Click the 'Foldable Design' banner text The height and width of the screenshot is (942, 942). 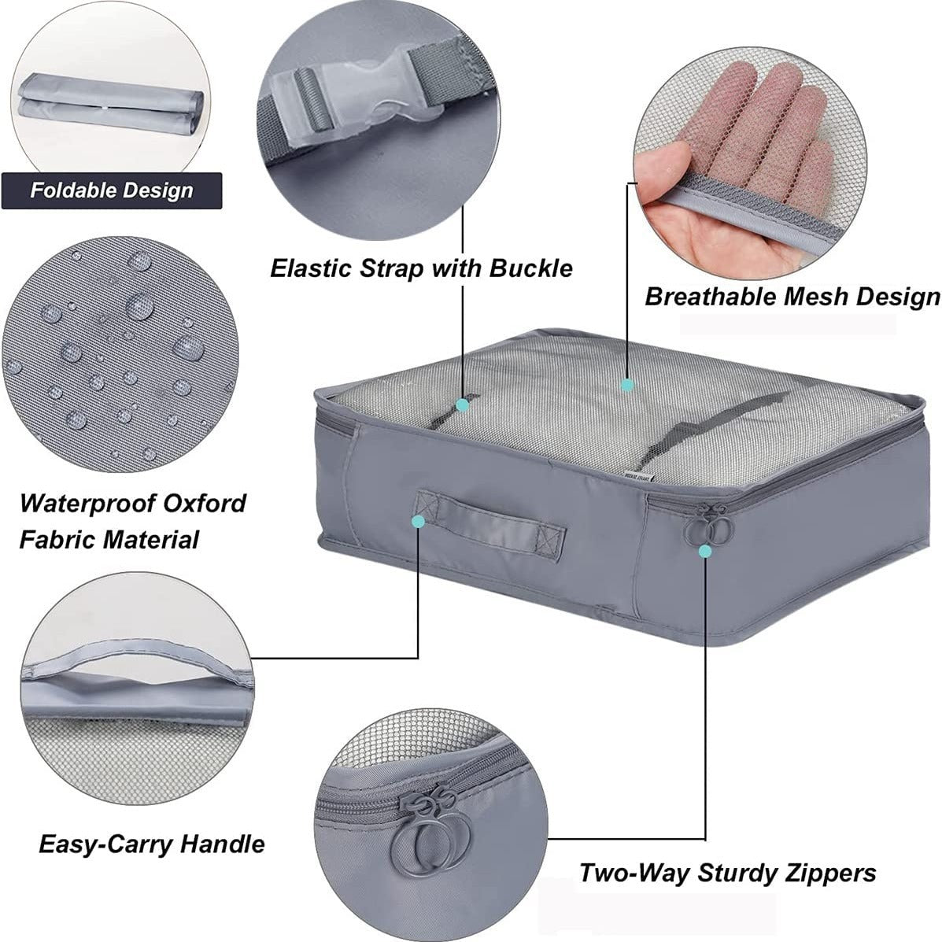[x=112, y=190]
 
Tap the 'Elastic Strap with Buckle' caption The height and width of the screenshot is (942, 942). [x=421, y=268]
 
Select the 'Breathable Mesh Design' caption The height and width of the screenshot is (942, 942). [x=792, y=297]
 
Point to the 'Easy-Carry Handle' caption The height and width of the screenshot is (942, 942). [x=151, y=844]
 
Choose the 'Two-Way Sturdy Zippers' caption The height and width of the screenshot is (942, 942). [x=727, y=873]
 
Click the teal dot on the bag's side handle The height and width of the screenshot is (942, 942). [x=419, y=521]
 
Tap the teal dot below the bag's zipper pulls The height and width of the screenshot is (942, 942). [x=705, y=550]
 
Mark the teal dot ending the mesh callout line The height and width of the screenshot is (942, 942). [x=627, y=385]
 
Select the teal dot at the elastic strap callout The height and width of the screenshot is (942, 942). [x=462, y=405]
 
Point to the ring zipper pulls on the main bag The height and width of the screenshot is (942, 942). [x=709, y=526]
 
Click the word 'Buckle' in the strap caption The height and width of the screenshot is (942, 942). [x=531, y=268]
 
